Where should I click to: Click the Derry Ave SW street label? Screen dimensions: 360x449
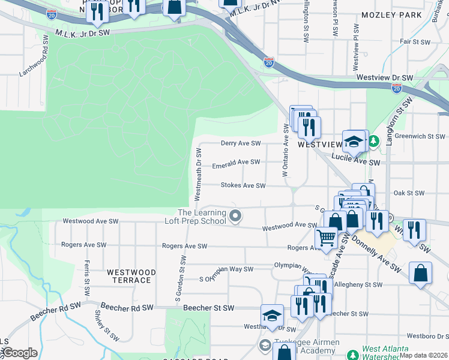(x=241, y=143)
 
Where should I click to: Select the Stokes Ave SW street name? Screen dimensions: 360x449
(x=243, y=186)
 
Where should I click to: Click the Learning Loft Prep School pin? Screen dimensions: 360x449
(x=236, y=216)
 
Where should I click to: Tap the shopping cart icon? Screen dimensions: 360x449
(x=326, y=238)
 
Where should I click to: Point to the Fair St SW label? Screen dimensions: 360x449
(x=415, y=42)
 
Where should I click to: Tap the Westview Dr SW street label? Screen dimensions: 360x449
(x=385, y=78)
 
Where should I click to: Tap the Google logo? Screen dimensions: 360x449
(x=19, y=353)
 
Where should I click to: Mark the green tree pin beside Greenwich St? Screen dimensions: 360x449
(x=374, y=141)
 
